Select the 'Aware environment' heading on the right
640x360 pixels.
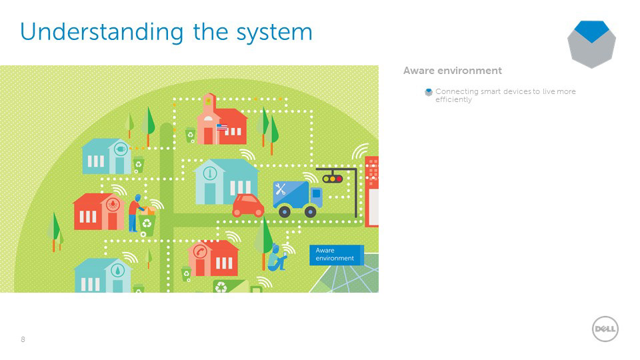pyautogui.click(x=452, y=71)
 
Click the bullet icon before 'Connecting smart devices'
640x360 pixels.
pyautogui.click(x=429, y=92)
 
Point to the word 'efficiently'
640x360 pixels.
pyautogui.click(x=453, y=100)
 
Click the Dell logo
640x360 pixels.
pyautogui.click(x=605, y=329)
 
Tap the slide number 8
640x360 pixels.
pyautogui.click(x=23, y=340)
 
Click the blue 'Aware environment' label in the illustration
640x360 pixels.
pyautogui.click(x=336, y=254)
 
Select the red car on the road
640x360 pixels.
pyautogui.click(x=248, y=205)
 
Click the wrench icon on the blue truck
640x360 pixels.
pyautogui.click(x=281, y=189)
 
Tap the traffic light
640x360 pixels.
pyautogui.click(x=331, y=178)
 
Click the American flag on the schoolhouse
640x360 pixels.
pyautogui.click(x=222, y=127)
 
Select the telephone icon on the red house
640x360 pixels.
pyautogui.click(x=199, y=251)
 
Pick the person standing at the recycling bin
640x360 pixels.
pyautogui.click(x=135, y=212)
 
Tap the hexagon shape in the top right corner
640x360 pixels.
pyautogui.click(x=591, y=43)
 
